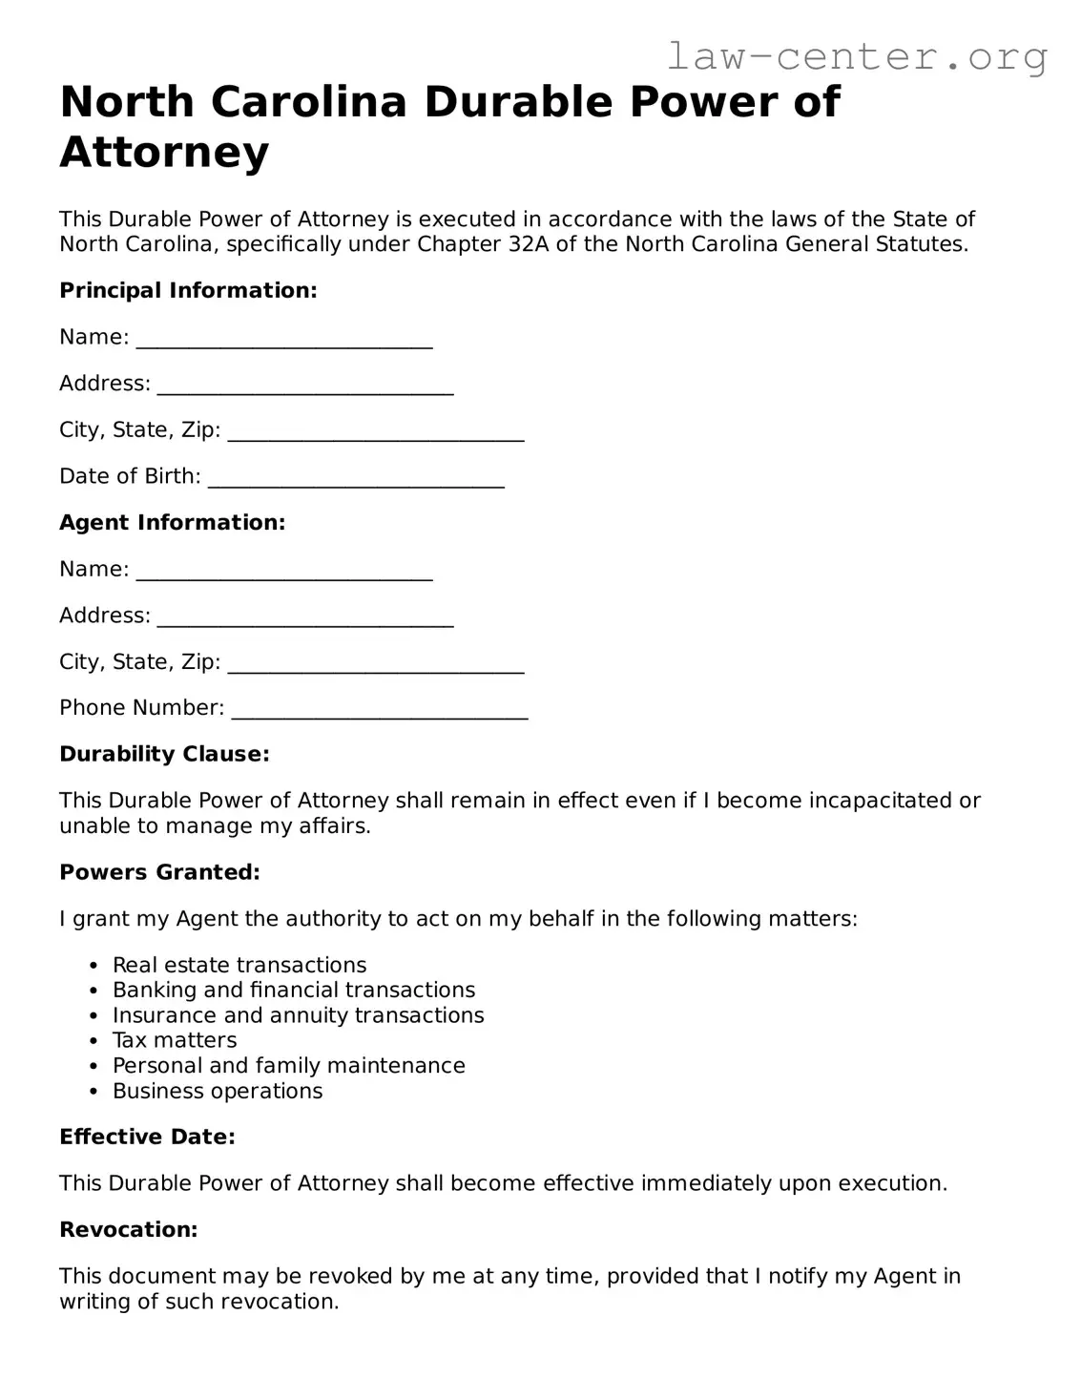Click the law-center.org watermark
pos(856,57)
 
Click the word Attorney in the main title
pos(164,153)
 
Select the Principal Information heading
pos(188,291)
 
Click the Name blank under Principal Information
pos(284,340)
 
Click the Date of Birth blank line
pos(356,479)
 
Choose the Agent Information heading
pos(172,523)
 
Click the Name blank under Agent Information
pos(284,572)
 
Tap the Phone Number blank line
pos(380,711)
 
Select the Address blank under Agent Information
pos(305,618)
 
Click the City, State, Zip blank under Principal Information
pos(377,432)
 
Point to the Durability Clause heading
pos(164,755)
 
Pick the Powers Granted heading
pos(159,873)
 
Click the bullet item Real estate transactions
pos(239,966)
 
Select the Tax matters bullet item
pos(175,1041)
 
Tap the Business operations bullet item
pos(218,1092)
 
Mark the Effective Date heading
pos(147,1138)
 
